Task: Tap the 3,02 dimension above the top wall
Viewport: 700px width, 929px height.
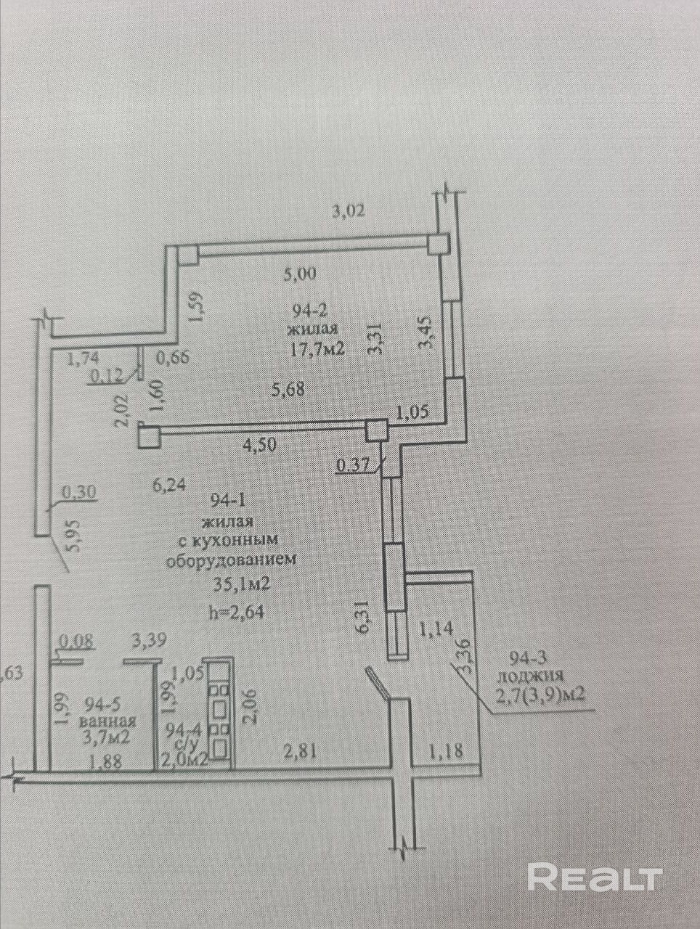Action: [x=349, y=210]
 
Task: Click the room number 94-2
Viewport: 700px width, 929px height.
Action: [x=310, y=311]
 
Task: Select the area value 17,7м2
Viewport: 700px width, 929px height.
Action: [x=317, y=350]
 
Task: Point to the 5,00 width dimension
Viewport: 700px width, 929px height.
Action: [x=300, y=274]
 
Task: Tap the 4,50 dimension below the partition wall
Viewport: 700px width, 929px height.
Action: [x=259, y=444]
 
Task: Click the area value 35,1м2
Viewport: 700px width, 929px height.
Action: [x=242, y=585]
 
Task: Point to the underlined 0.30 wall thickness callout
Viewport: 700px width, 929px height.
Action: [x=79, y=492]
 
